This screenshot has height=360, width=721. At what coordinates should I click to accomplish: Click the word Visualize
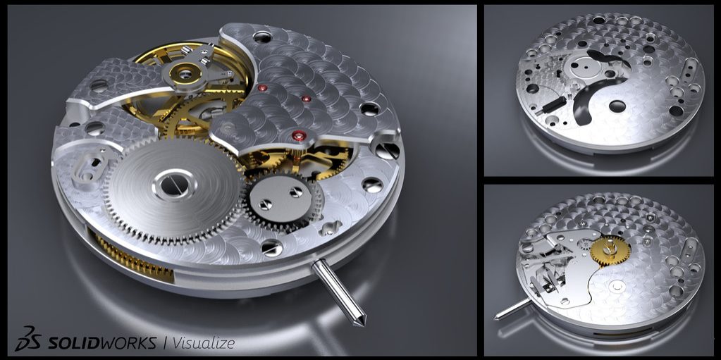(204, 343)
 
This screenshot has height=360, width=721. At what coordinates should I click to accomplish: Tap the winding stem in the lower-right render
(512, 307)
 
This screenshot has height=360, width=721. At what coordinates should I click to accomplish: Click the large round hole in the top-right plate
(617, 106)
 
